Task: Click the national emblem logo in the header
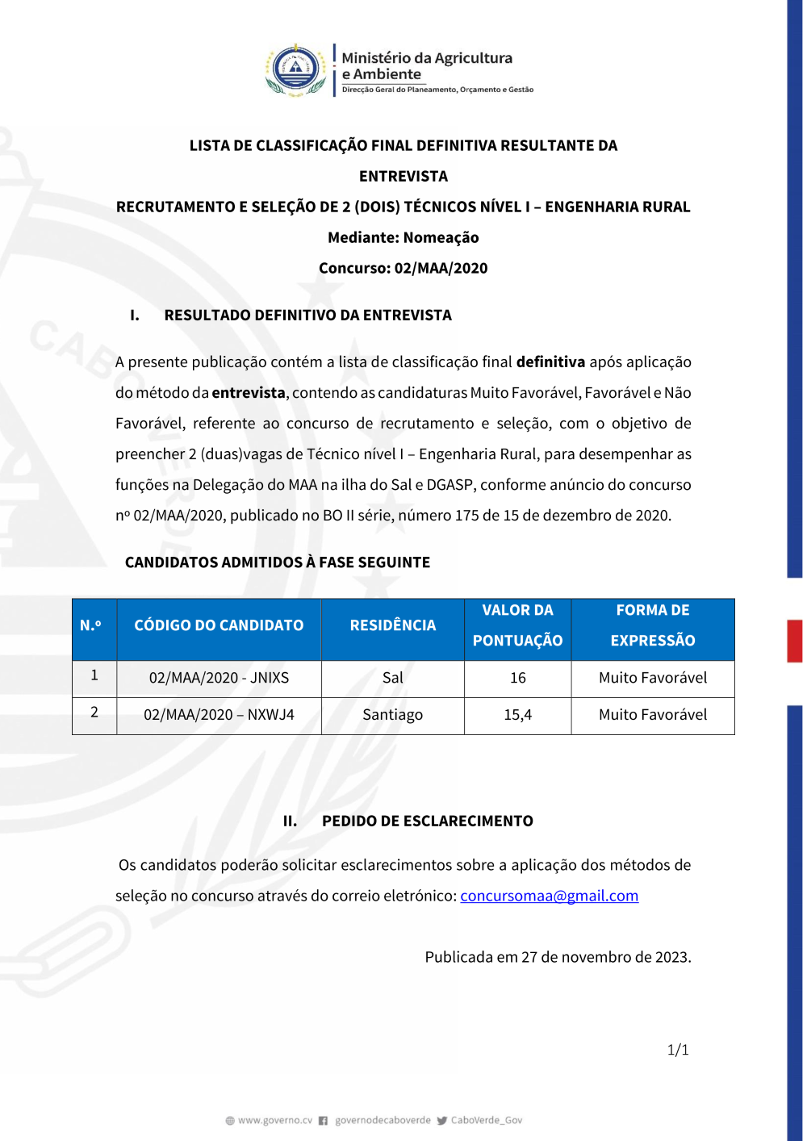[295, 70]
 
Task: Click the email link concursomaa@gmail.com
[549, 896]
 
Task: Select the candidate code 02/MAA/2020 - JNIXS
[219, 678]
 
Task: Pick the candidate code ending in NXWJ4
[219, 715]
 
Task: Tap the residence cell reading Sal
[392, 678]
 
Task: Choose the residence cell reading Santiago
[392, 715]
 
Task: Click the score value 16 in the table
[517, 678]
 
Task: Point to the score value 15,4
[517, 715]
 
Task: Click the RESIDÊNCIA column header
[392, 625]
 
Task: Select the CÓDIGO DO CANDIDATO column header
[219, 625]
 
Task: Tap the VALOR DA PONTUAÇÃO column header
[517, 625]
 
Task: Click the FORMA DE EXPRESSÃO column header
[652, 625]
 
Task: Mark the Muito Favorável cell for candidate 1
[652, 678]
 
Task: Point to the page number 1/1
[678, 1050]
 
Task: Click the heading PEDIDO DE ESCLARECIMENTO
[427, 821]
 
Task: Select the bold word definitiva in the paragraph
[550, 362]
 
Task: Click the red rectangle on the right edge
[795, 641]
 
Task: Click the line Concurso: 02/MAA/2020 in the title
[403, 269]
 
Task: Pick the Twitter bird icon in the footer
[442, 1120]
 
